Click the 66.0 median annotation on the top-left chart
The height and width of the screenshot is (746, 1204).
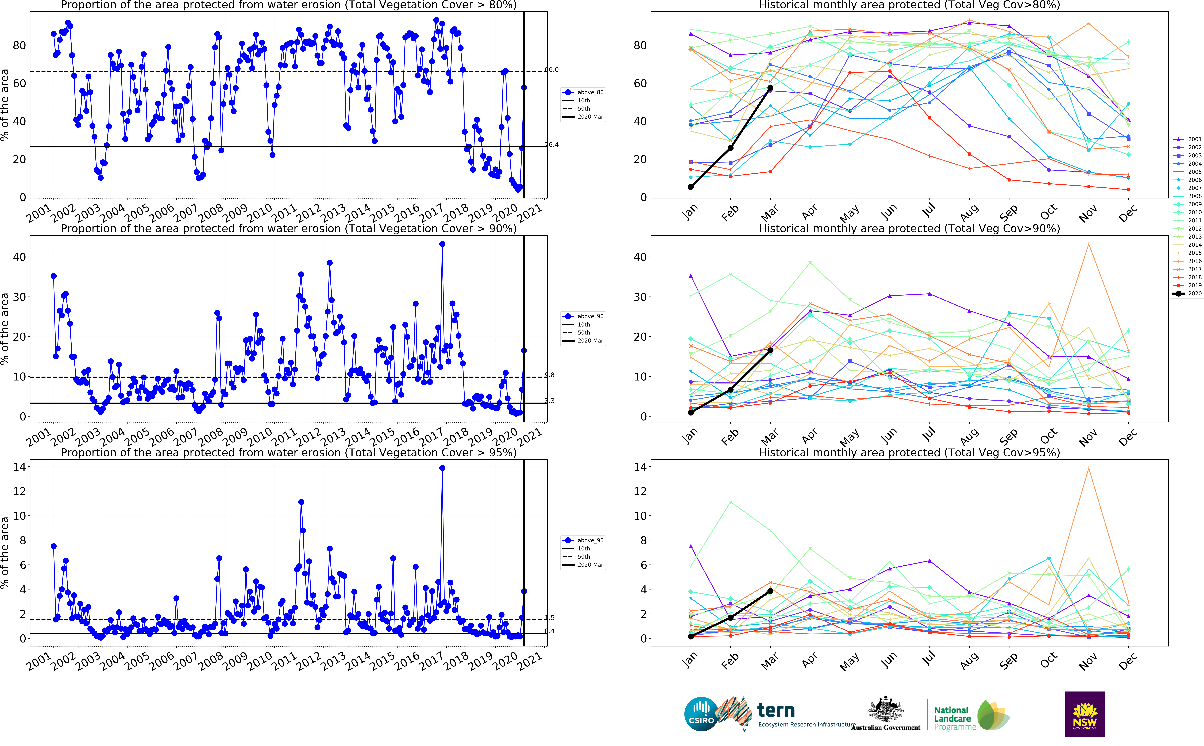coord(552,70)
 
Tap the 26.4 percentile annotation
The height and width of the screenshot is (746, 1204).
coord(552,145)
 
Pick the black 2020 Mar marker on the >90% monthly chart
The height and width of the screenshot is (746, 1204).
coord(770,350)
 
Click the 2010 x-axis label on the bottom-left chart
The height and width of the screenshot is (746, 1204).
coord(259,661)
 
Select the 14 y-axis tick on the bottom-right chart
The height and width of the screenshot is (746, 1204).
coord(640,467)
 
